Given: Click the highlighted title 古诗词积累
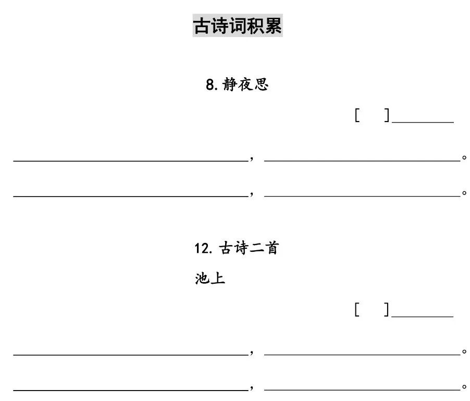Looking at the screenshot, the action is (x=238, y=25).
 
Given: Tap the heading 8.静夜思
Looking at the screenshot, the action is (x=237, y=84).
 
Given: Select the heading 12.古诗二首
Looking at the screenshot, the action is (x=237, y=248).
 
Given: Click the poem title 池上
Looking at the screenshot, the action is (x=210, y=278).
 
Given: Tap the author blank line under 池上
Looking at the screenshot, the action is (x=423, y=316).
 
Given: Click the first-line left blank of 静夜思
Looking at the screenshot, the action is (x=130, y=160).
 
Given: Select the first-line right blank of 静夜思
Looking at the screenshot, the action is (x=362, y=160).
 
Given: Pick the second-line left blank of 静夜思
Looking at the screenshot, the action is (x=130, y=196).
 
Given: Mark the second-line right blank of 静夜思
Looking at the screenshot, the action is (x=362, y=196).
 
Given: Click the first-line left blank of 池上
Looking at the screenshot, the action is (x=130, y=354).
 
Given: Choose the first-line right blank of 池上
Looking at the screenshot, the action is (x=362, y=354).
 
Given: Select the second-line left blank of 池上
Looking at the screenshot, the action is (x=130, y=389).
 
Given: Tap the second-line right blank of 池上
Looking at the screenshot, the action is (x=362, y=389).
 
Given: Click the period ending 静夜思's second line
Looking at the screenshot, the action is (x=464, y=193).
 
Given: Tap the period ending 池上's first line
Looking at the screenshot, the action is (x=464, y=352).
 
